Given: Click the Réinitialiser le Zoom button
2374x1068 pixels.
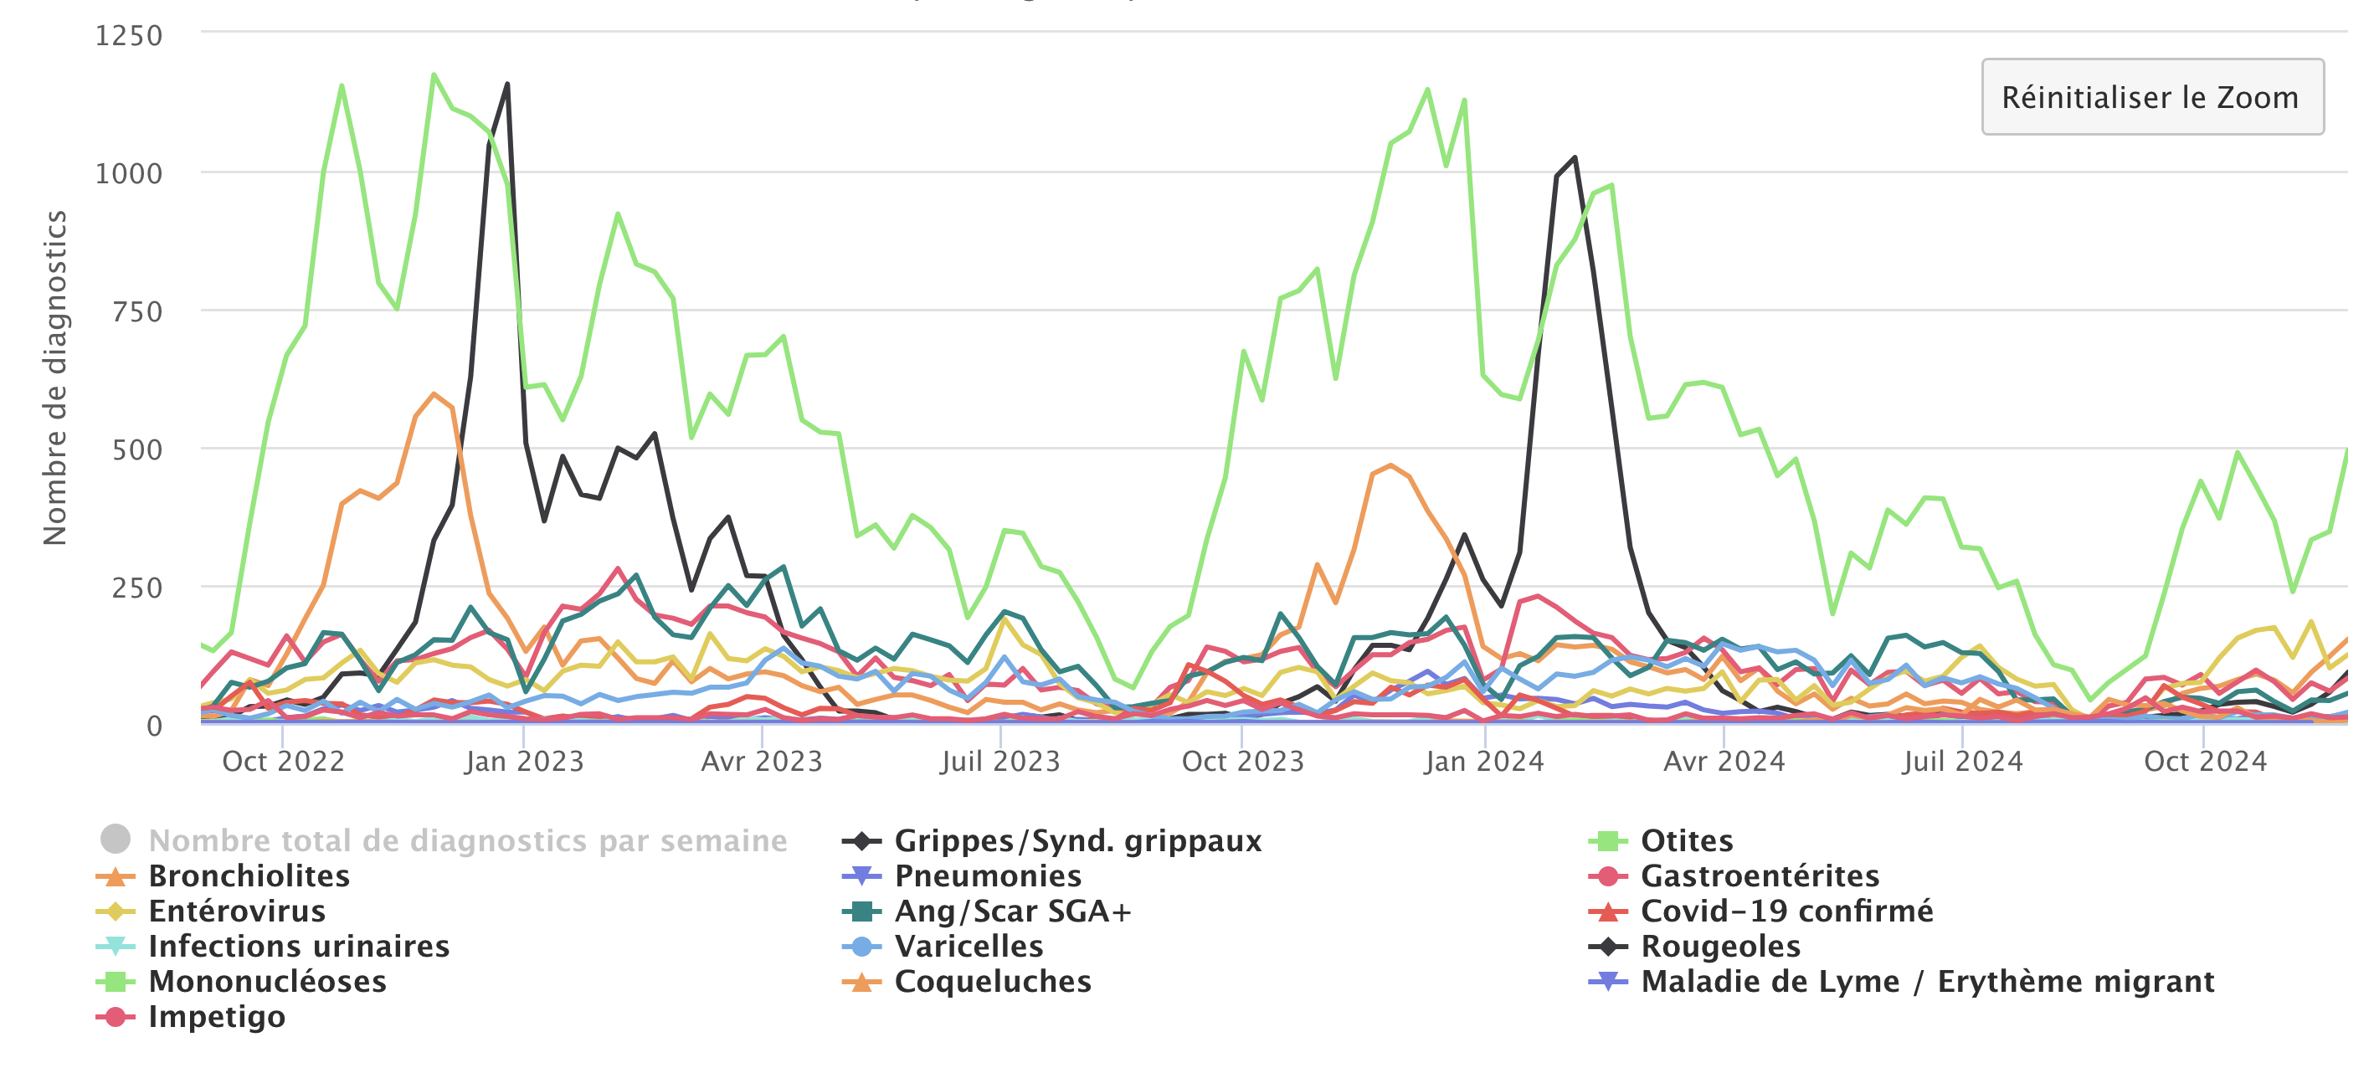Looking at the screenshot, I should (2151, 97).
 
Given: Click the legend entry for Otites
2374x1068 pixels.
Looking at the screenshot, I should (1686, 840).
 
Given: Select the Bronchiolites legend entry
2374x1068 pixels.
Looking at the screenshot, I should (248, 875).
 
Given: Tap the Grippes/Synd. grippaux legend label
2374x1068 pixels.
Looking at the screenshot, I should (1077, 840).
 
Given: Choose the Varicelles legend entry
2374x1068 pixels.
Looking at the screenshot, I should (968, 947).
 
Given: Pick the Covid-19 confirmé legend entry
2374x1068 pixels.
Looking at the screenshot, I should (1786, 911).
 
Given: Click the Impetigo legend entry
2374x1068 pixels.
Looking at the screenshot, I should (216, 1016).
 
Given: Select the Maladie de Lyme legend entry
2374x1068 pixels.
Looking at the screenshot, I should (1926, 982).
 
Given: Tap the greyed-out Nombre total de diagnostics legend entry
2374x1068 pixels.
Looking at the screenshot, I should (467, 840).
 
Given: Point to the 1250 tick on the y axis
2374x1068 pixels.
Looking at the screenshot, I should (129, 36).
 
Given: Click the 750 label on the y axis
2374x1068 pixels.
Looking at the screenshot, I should (137, 311).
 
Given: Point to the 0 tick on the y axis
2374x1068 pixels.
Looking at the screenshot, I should (154, 727).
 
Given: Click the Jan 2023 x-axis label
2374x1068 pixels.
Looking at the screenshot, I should (524, 761).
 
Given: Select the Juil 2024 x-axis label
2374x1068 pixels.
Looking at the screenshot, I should (1962, 761).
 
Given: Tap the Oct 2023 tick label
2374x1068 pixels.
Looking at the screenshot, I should (1242, 761).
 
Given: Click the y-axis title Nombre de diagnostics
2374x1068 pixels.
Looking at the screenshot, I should (55, 377).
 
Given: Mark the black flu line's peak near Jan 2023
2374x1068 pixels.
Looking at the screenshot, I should (507, 85).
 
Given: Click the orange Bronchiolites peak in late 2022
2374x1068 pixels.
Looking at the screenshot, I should (434, 394).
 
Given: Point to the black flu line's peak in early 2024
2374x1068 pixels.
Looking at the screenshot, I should (1575, 157).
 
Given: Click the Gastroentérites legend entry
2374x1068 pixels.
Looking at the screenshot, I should (1760, 875).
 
